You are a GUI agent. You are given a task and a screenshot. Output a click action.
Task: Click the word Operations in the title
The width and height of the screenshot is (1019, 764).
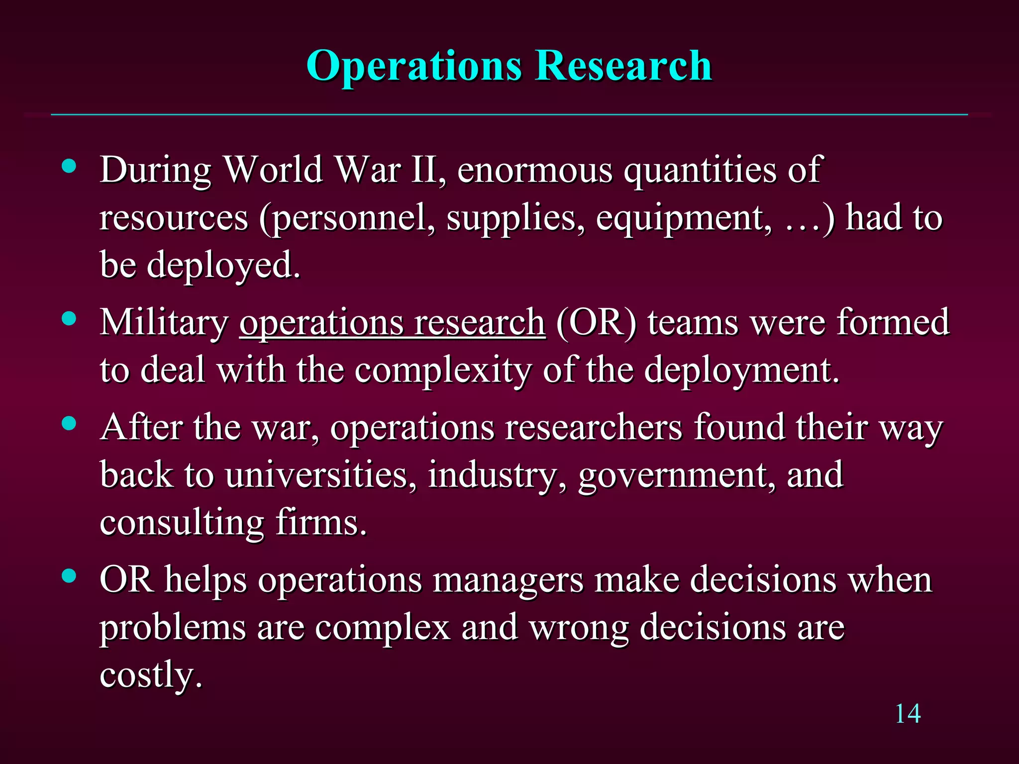(x=414, y=66)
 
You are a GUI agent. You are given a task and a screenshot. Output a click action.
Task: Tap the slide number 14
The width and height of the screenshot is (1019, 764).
(x=908, y=714)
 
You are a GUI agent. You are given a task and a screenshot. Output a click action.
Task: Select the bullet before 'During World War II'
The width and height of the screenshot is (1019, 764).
(x=69, y=166)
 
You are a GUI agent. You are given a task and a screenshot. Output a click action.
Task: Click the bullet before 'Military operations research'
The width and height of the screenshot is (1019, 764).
(x=69, y=318)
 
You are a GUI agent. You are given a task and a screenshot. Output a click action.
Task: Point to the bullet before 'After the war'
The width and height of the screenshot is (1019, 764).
(x=69, y=423)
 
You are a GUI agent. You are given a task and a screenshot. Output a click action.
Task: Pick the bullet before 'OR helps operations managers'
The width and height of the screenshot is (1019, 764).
(x=69, y=576)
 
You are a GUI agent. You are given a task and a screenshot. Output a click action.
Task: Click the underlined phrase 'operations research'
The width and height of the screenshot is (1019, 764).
(x=392, y=323)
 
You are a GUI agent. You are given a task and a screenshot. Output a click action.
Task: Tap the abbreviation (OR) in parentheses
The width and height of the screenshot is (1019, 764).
(x=596, y=323)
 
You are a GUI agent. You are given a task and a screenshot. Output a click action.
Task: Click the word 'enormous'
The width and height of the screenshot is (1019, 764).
(x=534, y=170)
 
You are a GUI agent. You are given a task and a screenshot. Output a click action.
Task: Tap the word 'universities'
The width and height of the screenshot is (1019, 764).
(x=320, y=475)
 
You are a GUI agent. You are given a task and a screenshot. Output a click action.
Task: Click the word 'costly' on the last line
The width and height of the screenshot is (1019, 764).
(x=150, y=675)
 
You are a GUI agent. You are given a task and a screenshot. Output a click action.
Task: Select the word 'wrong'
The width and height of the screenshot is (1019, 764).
(x=579, y=628)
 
